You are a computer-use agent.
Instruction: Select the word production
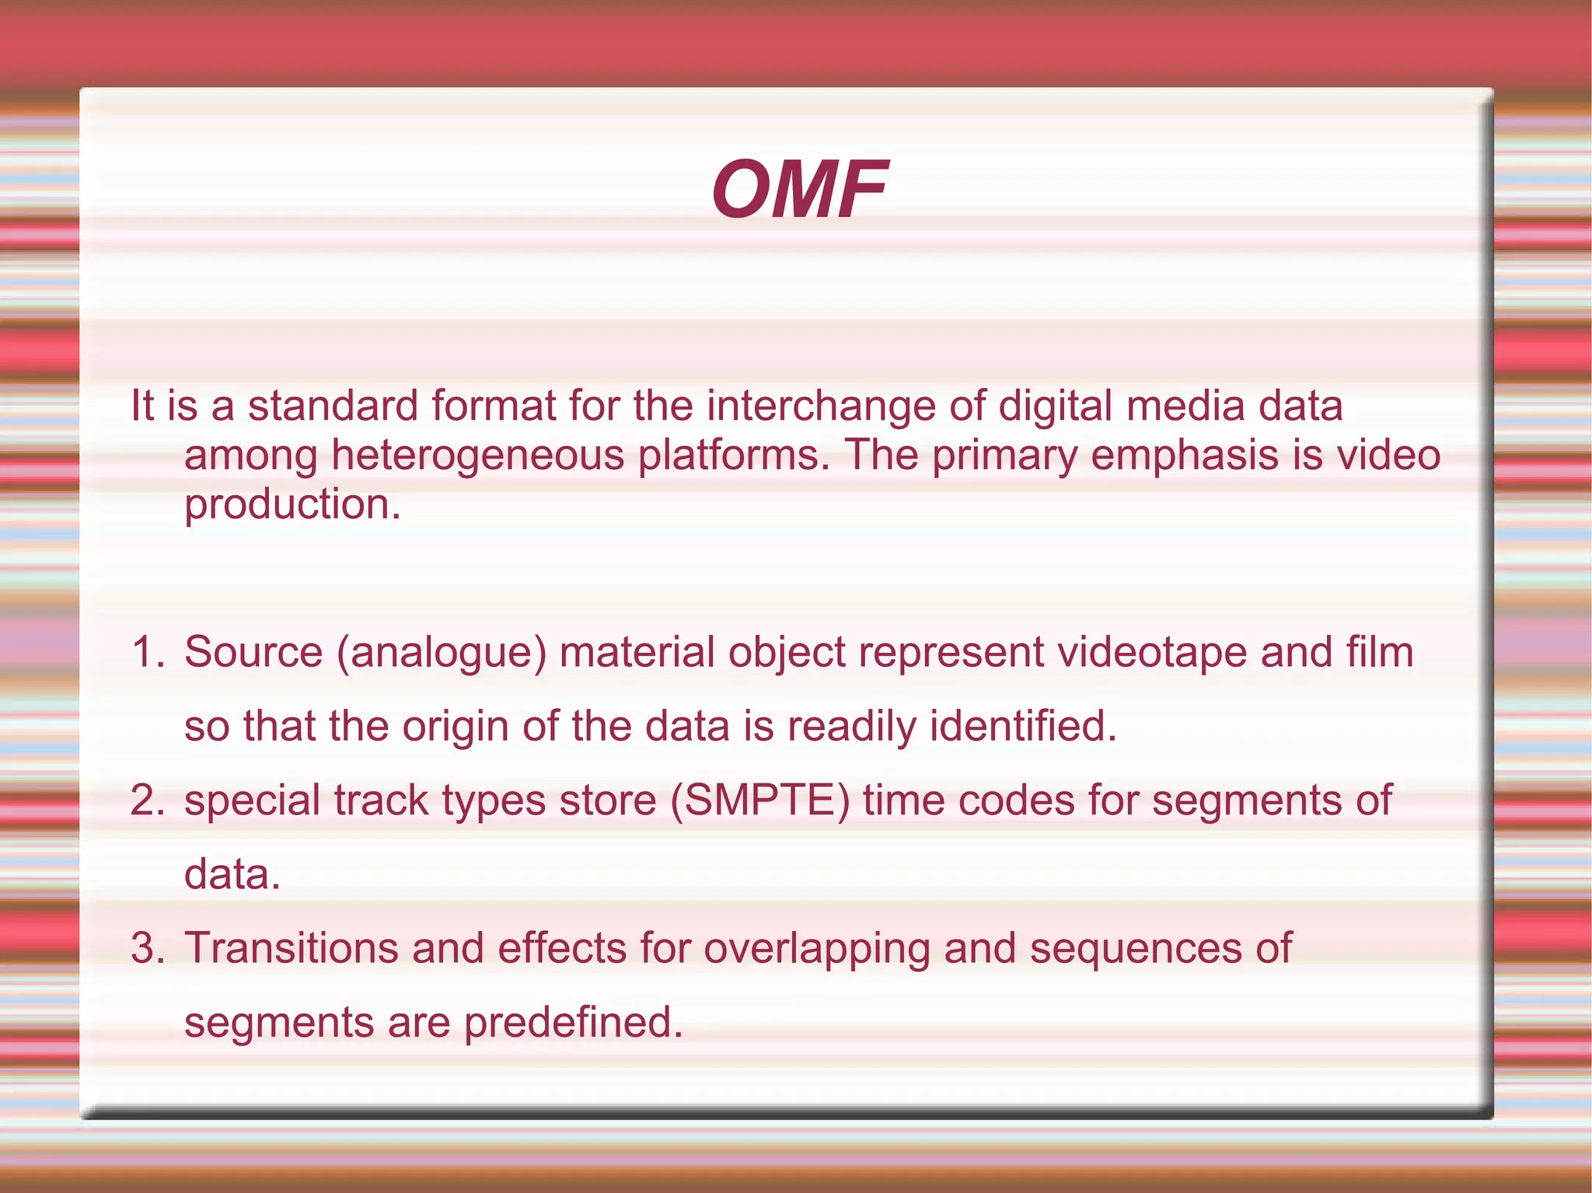[292, 505]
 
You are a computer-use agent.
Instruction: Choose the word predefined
[573, 1022]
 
